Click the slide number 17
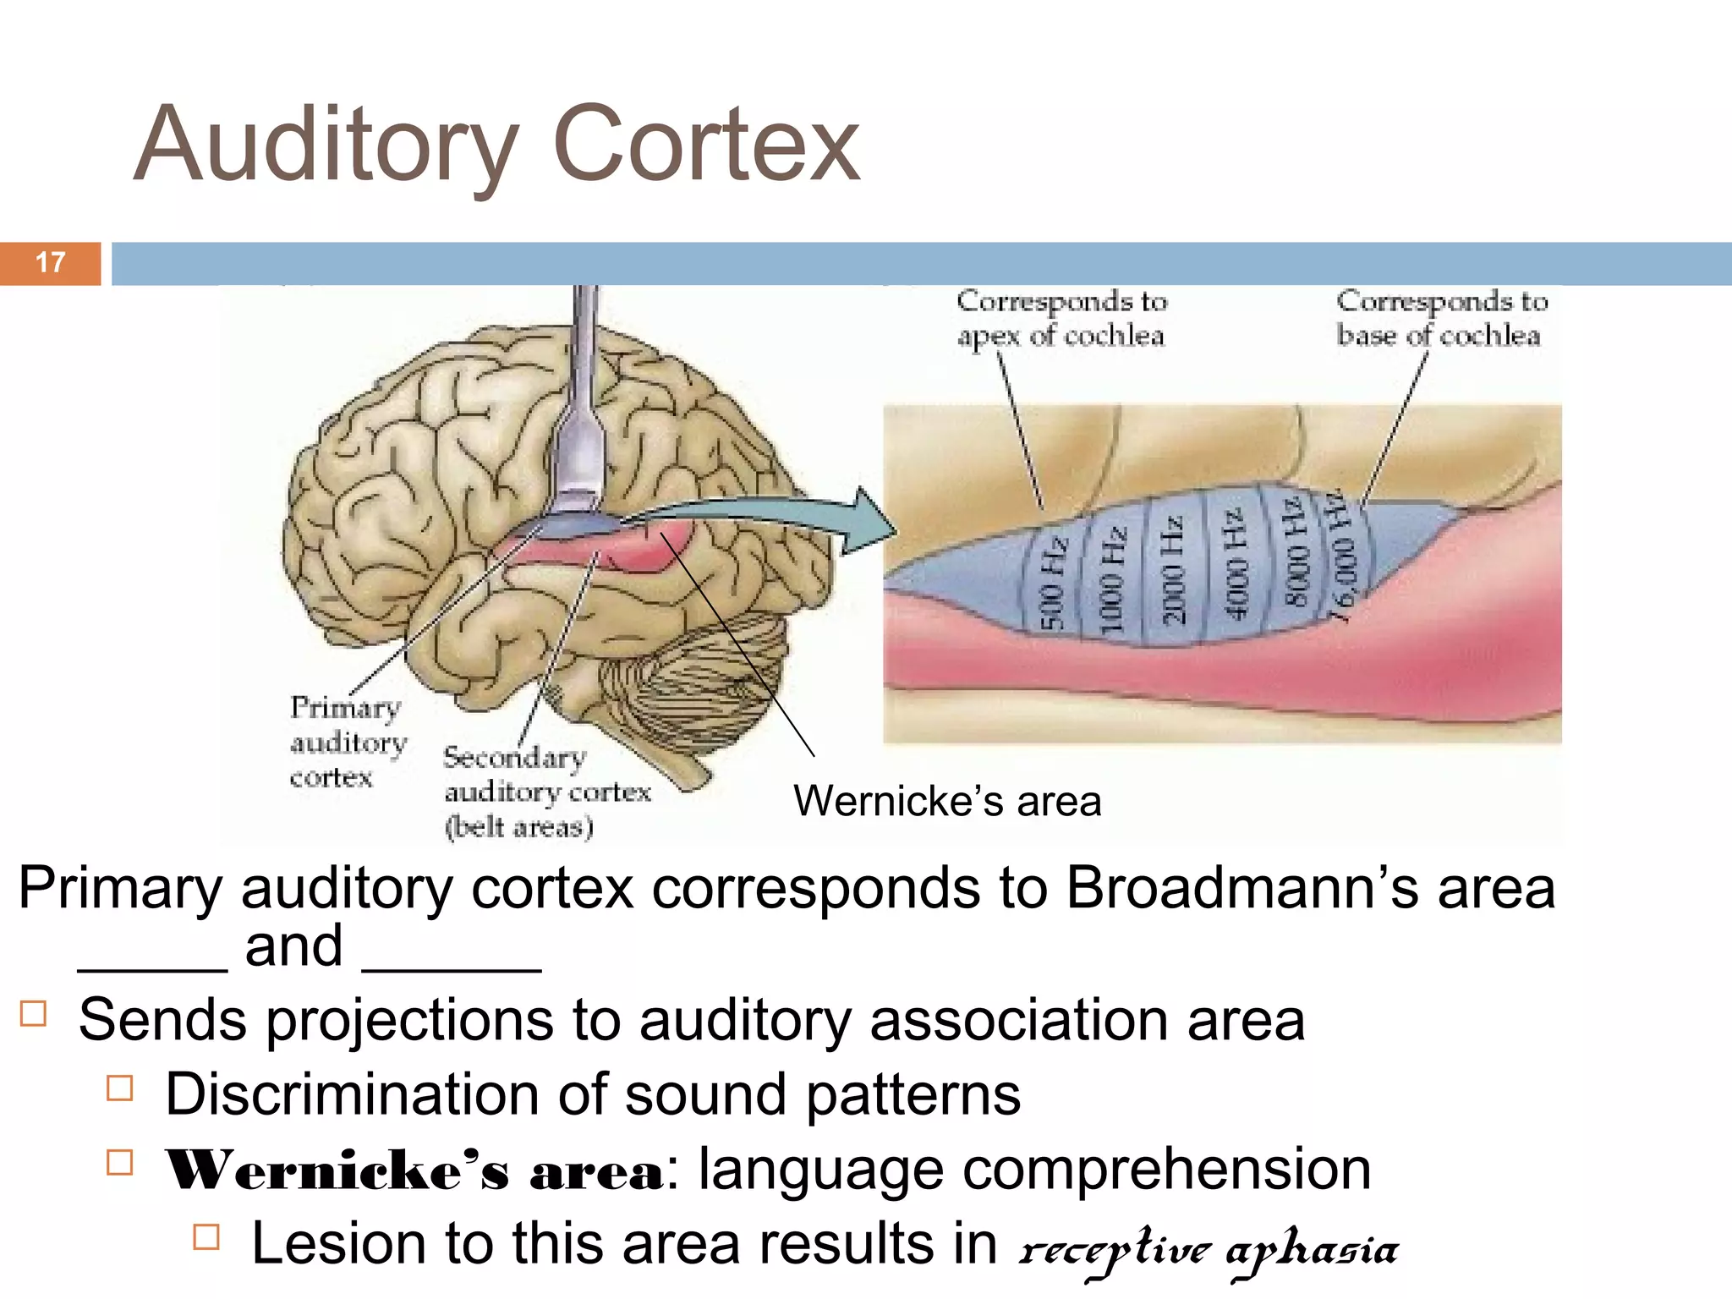pyautogui.click(x=51, y=262)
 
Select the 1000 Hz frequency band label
pyautogui.click(x=1111, y=578)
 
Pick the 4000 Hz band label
pyautogui.click(x=1235, y=563)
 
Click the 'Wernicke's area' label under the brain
pyautogui.click(x=947, y=801)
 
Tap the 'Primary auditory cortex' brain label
pyautogui.click(x=348, y=742)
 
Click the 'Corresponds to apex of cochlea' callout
pyautogui.click(x=1061, y=318)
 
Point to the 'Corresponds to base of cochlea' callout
pyautogui.click(x=1441, y=318)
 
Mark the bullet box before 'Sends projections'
pyautogui.click(x=33, y=1013)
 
